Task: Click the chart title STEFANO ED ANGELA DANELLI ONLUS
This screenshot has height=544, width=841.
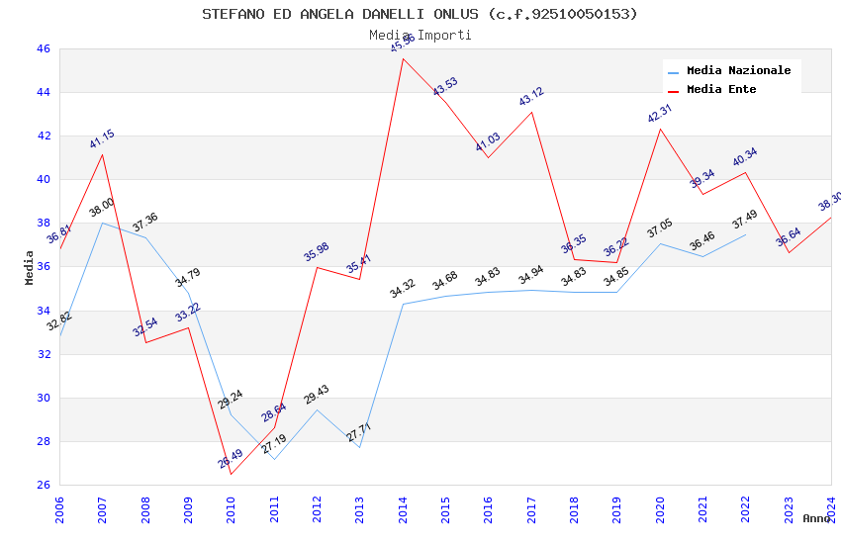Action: coord(420,14)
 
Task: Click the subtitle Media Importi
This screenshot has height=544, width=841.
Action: coord(420,35)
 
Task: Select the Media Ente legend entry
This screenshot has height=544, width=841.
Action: coord(721,90)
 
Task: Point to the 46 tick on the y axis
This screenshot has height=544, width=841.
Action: coord(43,48)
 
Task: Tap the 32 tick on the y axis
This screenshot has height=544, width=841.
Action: coord(43,354)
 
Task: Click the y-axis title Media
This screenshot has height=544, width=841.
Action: coord(30,267)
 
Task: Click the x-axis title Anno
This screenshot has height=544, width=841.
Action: coord(816,518)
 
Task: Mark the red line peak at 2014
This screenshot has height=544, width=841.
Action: coord(403,58)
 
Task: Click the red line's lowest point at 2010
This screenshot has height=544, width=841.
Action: coord(232,474)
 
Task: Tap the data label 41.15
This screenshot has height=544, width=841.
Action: coord(102,139)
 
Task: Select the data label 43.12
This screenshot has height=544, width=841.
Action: coord(531,97)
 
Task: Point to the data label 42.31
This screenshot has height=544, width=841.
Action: coord(660,114)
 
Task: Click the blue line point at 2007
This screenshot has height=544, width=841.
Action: coord(102,223)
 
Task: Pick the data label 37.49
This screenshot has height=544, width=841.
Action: coord(744,220)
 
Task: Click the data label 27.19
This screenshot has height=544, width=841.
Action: coord(274,444)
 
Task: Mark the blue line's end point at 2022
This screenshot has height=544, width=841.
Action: coord(745,234)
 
